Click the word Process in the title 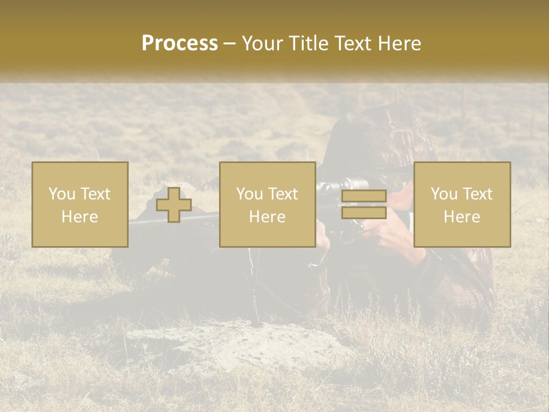[x=180, y=43]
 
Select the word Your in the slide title [x=264, y=43]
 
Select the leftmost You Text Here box [x=80, y=204]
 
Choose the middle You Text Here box [x=268, y=204]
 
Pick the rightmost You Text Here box [x=462, y=204]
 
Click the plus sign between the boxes [x=174, y=205]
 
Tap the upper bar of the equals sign [x=364, y=196]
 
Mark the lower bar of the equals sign [x=364, y=212]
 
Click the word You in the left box [x=61, y=194]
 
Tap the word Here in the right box [x=462, y=217]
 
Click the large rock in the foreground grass [x=229, y=343]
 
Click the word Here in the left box [x=80, y=217]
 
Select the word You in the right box [x=443, y=194]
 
